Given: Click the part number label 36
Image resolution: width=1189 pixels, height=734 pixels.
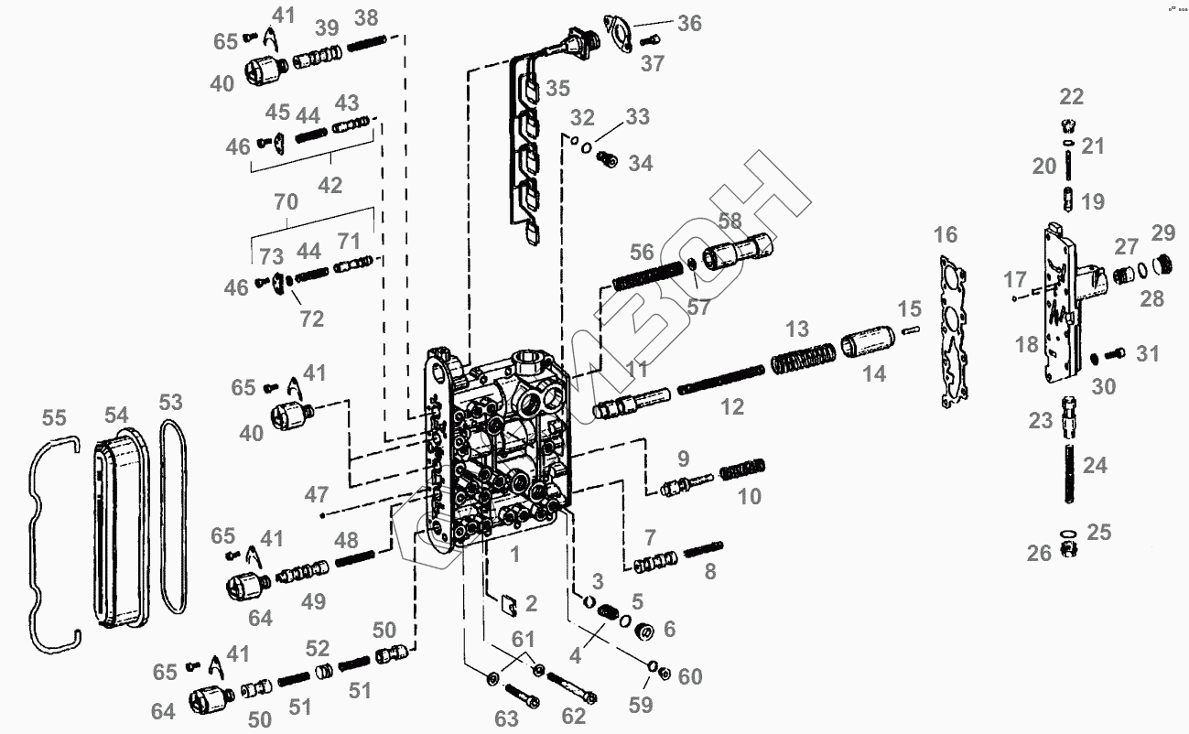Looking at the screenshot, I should point(689,23).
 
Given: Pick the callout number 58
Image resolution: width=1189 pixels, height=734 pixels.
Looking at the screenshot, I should point(730,221).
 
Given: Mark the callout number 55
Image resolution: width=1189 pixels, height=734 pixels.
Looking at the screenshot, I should point(55,418).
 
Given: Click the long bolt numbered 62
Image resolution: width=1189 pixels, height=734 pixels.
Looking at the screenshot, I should point(573,687).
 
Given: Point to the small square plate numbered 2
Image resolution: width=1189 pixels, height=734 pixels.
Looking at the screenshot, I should point(505,603).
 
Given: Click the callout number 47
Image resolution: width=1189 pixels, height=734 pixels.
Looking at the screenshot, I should point(317,495).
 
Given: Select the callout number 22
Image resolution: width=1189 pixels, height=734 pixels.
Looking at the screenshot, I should point(1071,97).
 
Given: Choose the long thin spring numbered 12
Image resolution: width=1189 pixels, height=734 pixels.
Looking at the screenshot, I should point(720,377).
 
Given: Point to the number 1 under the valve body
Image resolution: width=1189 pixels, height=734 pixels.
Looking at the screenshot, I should point(514,553).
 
